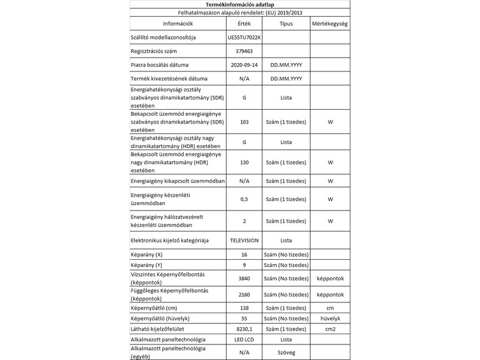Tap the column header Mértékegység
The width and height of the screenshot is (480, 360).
pos(330,25)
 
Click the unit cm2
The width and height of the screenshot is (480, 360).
pos(330,329)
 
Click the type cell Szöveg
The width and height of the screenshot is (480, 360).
pos(286,352)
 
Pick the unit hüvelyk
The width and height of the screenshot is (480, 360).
pos(330,318)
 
